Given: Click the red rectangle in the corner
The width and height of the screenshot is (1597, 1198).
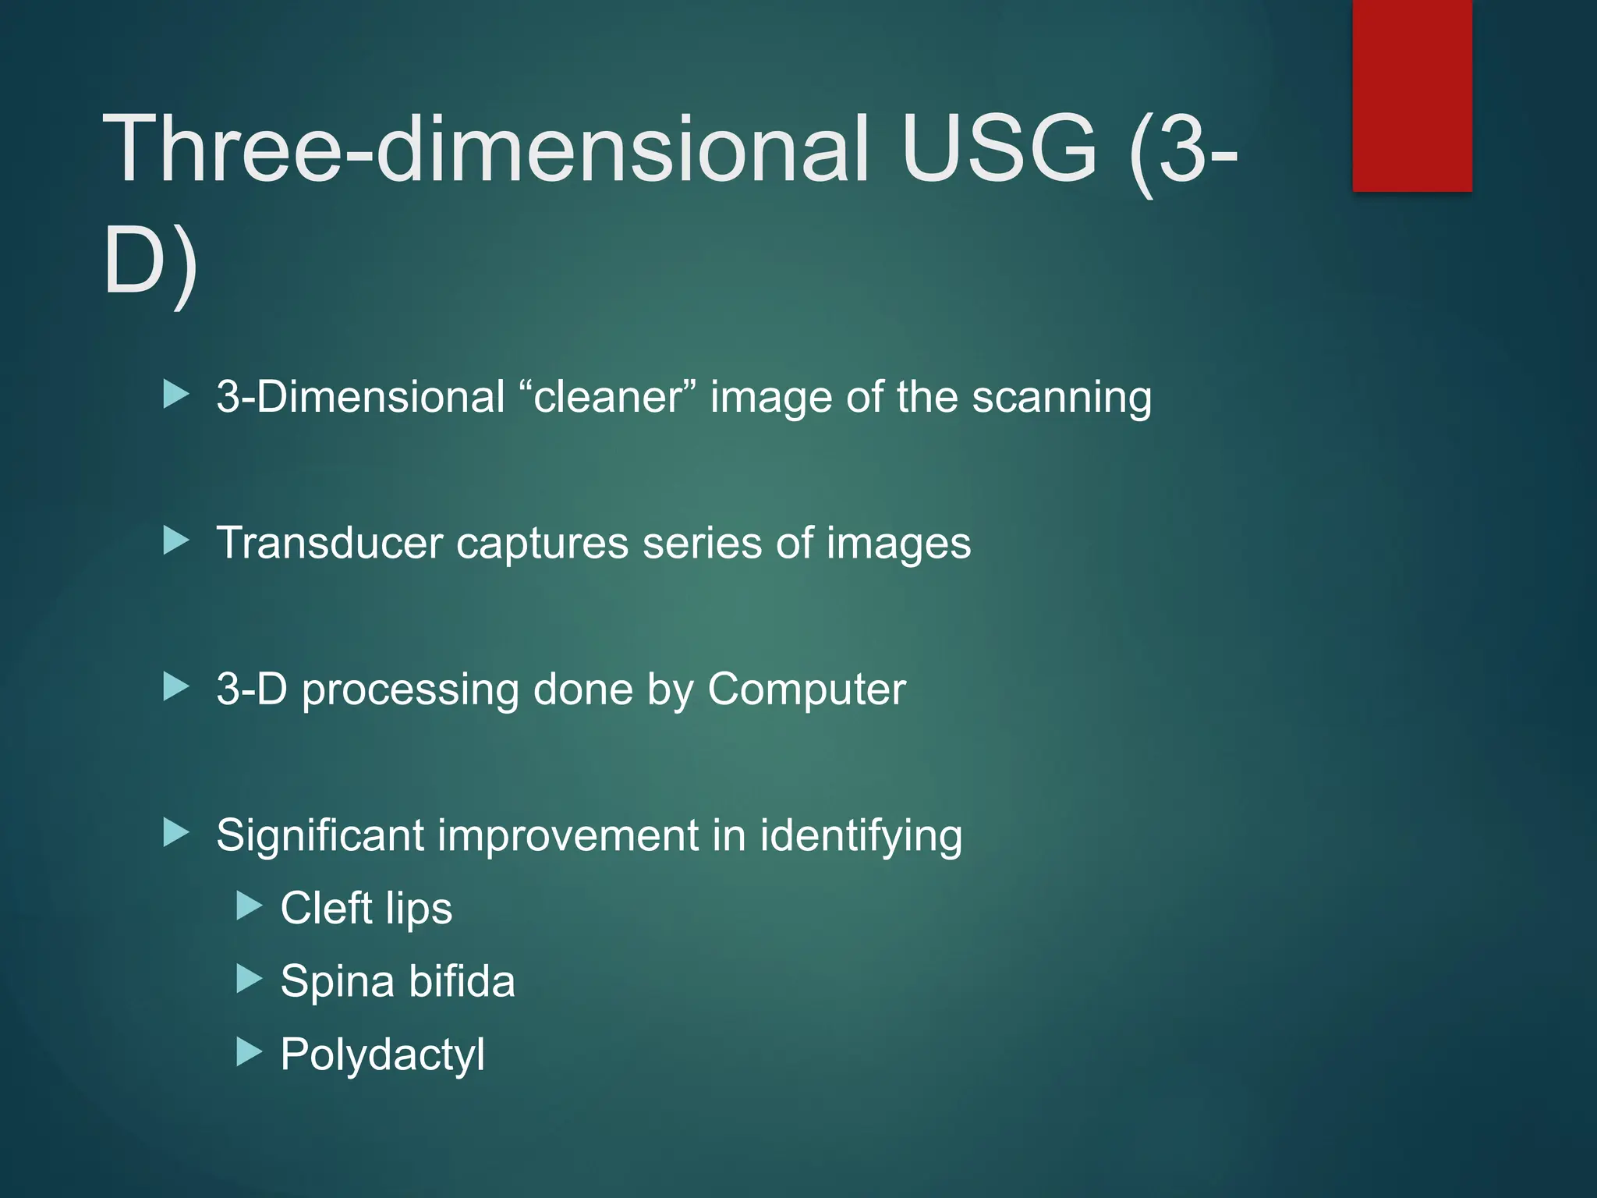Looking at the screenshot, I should coord(1412,95).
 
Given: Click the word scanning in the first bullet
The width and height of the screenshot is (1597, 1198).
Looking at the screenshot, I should coord(1061,398).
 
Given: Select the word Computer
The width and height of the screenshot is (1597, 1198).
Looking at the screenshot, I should coord(806,689).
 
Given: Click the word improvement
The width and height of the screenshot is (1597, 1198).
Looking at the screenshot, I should coord(568,836).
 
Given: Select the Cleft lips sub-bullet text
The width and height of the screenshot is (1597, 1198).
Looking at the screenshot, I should coord(366,909).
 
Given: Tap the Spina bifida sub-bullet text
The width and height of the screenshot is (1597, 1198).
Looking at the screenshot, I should coord(398,981).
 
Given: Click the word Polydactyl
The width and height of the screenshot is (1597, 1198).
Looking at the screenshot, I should coord(382,1055).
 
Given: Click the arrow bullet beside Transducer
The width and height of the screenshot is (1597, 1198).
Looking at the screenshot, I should coord(176,541).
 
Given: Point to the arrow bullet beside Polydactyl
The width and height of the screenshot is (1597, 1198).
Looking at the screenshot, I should coord(249,1052).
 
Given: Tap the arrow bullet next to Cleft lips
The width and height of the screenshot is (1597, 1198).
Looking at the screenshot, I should coord(249,906).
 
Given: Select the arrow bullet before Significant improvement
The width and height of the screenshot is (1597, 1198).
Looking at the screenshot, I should coord(176,833).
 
